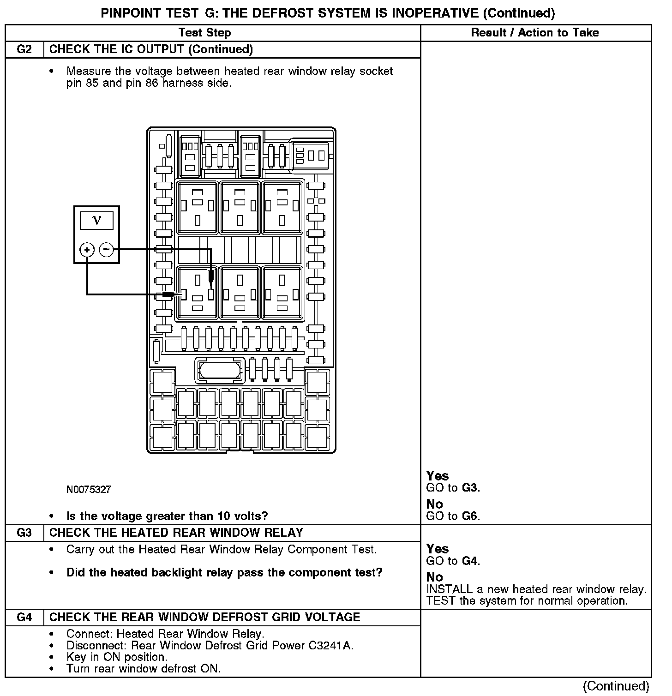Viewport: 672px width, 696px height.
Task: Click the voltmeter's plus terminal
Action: click(x=87, y=250)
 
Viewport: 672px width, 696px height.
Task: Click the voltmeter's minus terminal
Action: click(x=106, y=250)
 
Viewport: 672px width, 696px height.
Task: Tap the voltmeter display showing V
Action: click(x=96, y=220)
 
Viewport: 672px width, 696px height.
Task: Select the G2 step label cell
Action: click(x=24, y=49)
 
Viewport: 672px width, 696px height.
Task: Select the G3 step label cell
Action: click(x=24, y=533)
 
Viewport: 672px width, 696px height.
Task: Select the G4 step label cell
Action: click(x=24, y=617)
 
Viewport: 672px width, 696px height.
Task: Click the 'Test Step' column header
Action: click(x=204, y=33)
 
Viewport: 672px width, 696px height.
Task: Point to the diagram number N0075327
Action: click(x=89, y=489)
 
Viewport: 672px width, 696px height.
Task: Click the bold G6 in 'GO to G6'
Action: click(x=470, y=516)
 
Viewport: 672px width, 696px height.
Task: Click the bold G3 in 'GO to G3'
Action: click(x=470, y=488)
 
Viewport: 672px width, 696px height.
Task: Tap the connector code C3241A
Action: click(x=335, y=645)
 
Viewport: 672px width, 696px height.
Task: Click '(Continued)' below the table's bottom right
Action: click(x=616, y=686)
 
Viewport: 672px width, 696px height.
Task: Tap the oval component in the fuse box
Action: click(x=220, y=370)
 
